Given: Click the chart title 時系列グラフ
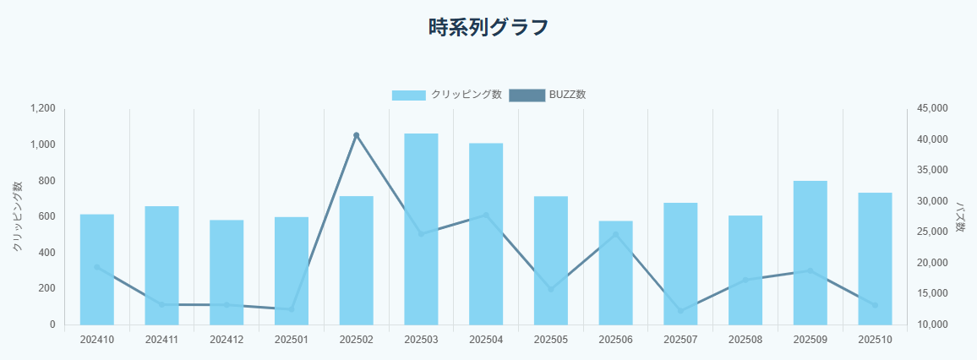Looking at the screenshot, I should point(488,28).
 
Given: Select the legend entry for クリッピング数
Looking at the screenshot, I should point(447,95).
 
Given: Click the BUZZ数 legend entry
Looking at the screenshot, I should point(548,95).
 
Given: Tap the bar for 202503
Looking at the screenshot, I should point(421,228).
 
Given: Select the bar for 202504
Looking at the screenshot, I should point(486,233).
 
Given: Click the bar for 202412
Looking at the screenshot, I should point(227,272).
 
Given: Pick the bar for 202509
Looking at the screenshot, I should point(810,253).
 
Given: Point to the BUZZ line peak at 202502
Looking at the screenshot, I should point(356,135).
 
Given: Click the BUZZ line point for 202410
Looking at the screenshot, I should point(96,267).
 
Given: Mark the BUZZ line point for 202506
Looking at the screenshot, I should point(615,234).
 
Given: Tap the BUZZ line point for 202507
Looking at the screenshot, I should point(680,311).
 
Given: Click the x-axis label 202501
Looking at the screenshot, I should point(292,340).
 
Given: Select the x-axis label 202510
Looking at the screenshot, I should point(875,340).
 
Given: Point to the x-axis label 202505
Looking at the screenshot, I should point(551,340).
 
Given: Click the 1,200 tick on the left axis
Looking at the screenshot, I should point(42,109).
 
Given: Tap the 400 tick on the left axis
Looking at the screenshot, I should point(47,253).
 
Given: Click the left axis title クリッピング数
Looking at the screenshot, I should point(18,217).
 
